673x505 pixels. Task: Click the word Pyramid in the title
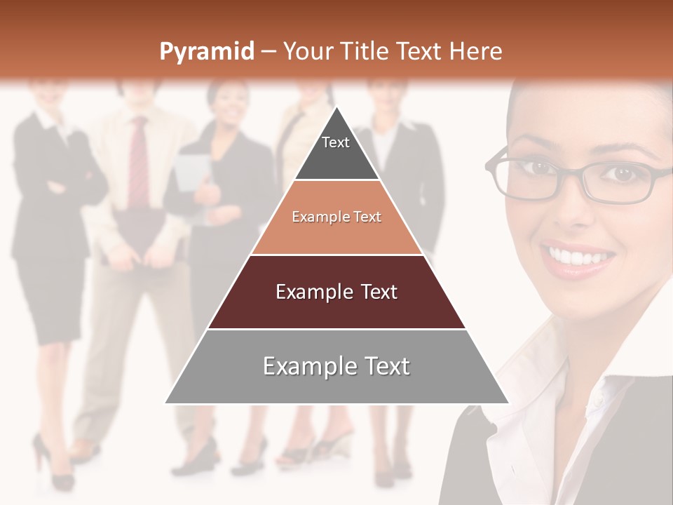coord(206,51)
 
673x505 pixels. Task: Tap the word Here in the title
coord(475,51)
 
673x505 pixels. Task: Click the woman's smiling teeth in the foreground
coord(578,258)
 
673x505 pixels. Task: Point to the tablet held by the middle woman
coord(191,172)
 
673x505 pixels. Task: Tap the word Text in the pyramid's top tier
coord(336,142)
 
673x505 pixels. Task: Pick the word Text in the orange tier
coord(367,217)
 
